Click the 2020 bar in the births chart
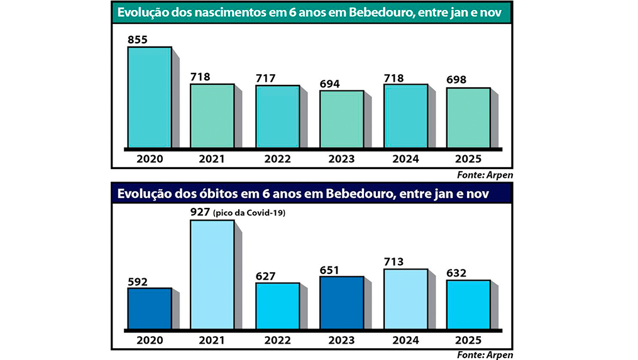tap(150, 97)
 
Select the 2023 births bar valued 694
tap(341, 119)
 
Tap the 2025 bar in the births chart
tap(468, 118)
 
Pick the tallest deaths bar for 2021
tap(212, 275)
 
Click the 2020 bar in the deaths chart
tap(150, 308)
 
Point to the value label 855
tap(138, 40)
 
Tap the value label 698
tap(457, 80)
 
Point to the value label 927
tap(201, 212)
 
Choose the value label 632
tap(458, 273)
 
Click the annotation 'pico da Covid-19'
tap(250, 214)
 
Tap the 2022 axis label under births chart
tap(277, 159)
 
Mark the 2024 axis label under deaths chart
tap(405, 340)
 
